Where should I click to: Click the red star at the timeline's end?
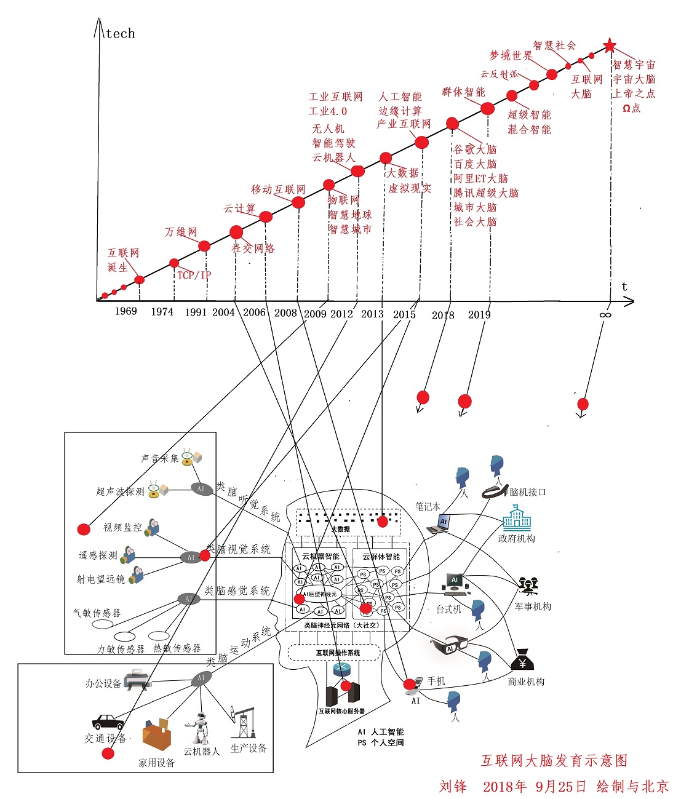click(609, 46)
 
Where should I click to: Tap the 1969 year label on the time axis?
click(125, 311)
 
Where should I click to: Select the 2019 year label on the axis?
click(479, 315)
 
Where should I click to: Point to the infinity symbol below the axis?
click(605, 315)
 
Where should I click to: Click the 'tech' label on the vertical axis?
click(121, 34)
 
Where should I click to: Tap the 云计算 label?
click(240, 209)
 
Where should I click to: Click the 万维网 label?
click(181, 232)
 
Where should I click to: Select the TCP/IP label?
click(194, 275)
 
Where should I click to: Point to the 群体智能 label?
click(463, 92)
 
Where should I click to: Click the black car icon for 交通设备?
click(108, 721)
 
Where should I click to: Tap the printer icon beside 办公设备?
click(137, 680)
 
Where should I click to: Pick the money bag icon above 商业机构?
click(522, 660)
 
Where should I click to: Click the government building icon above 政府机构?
click(517, 519)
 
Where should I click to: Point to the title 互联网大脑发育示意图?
click(554, 761)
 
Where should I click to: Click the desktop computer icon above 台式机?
click(456, 584)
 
